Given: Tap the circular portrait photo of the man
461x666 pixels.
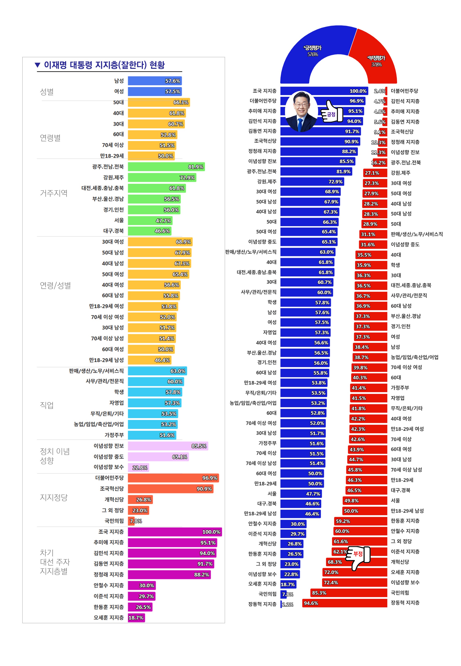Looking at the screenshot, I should point(301,112).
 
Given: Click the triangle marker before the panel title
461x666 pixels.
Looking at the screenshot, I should point(37,65).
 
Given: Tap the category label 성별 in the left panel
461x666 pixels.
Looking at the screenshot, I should point(47,92).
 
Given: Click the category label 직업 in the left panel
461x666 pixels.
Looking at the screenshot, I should point(47,405).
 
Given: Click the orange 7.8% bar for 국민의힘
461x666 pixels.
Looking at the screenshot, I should point(131,521).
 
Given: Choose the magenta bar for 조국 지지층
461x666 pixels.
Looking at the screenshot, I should point(175,532).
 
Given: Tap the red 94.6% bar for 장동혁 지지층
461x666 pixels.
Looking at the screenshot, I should point(344,603).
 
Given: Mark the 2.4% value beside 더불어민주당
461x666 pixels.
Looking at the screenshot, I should point(379,91).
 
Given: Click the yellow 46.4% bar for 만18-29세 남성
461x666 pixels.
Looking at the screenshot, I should point(149,360).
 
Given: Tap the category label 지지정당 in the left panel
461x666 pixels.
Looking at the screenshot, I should point(54,497).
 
